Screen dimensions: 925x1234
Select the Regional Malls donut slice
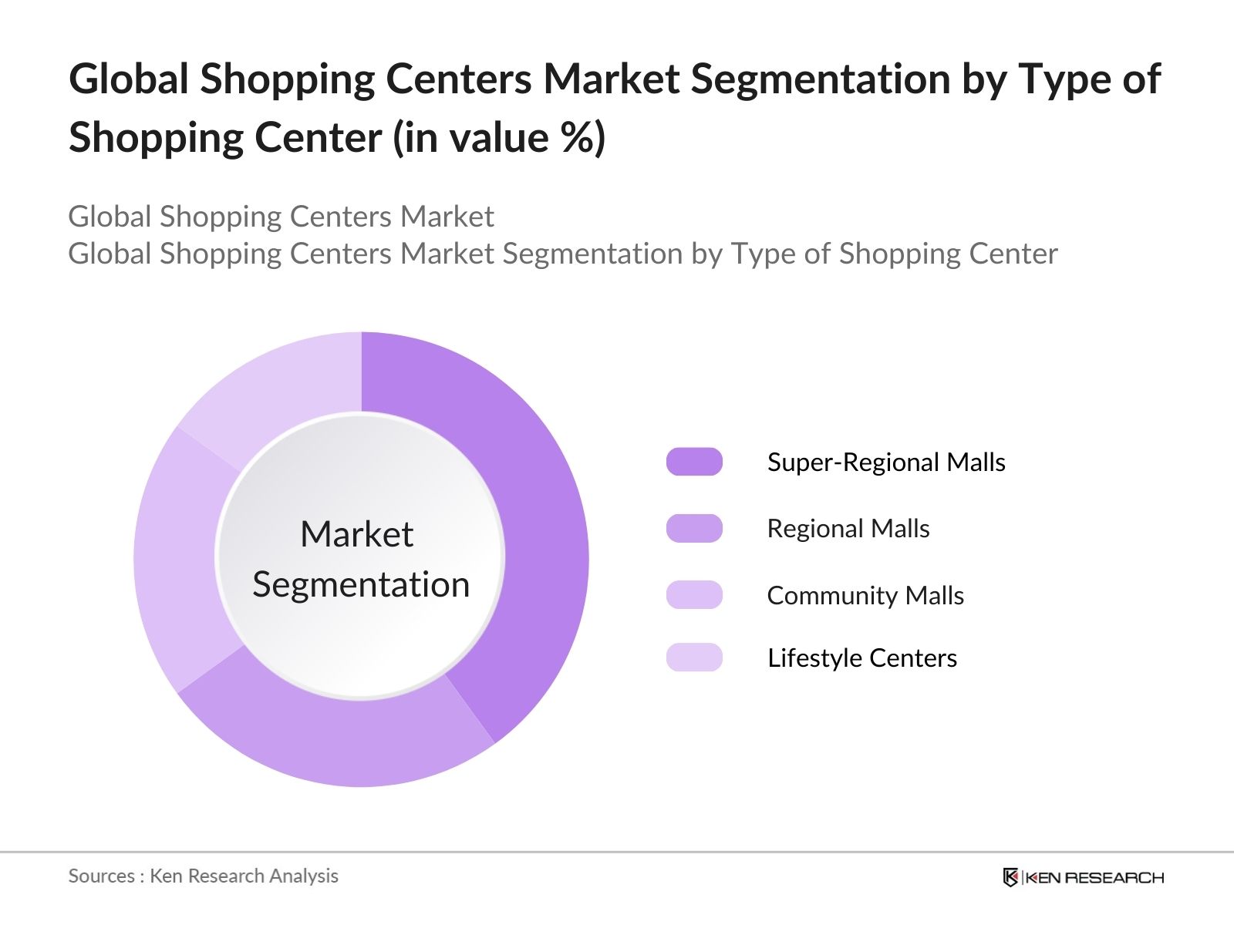click(339, 740)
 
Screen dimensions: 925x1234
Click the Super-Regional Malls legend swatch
click(694, 462)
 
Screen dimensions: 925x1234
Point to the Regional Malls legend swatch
click(694, 529)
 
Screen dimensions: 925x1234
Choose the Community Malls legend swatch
click(694, 595)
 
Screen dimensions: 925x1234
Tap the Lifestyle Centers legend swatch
click(694, 658)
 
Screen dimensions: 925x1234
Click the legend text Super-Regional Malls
click(886, 462)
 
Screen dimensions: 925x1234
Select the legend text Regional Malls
click(848, 529)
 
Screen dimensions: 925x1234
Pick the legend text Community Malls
click(865, 595)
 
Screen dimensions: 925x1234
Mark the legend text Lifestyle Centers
click(862, 658)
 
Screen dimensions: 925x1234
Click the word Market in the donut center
click(356, 534)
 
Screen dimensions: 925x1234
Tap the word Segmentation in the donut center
click(361, 584)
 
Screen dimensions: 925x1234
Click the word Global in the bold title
click(128, 79)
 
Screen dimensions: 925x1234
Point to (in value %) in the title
click(499, 138)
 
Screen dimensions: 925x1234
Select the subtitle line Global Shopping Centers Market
click(281, 217)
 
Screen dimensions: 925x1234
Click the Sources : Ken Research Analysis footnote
click(204, 876)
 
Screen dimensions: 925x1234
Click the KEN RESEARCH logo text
click(1094, 877)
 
